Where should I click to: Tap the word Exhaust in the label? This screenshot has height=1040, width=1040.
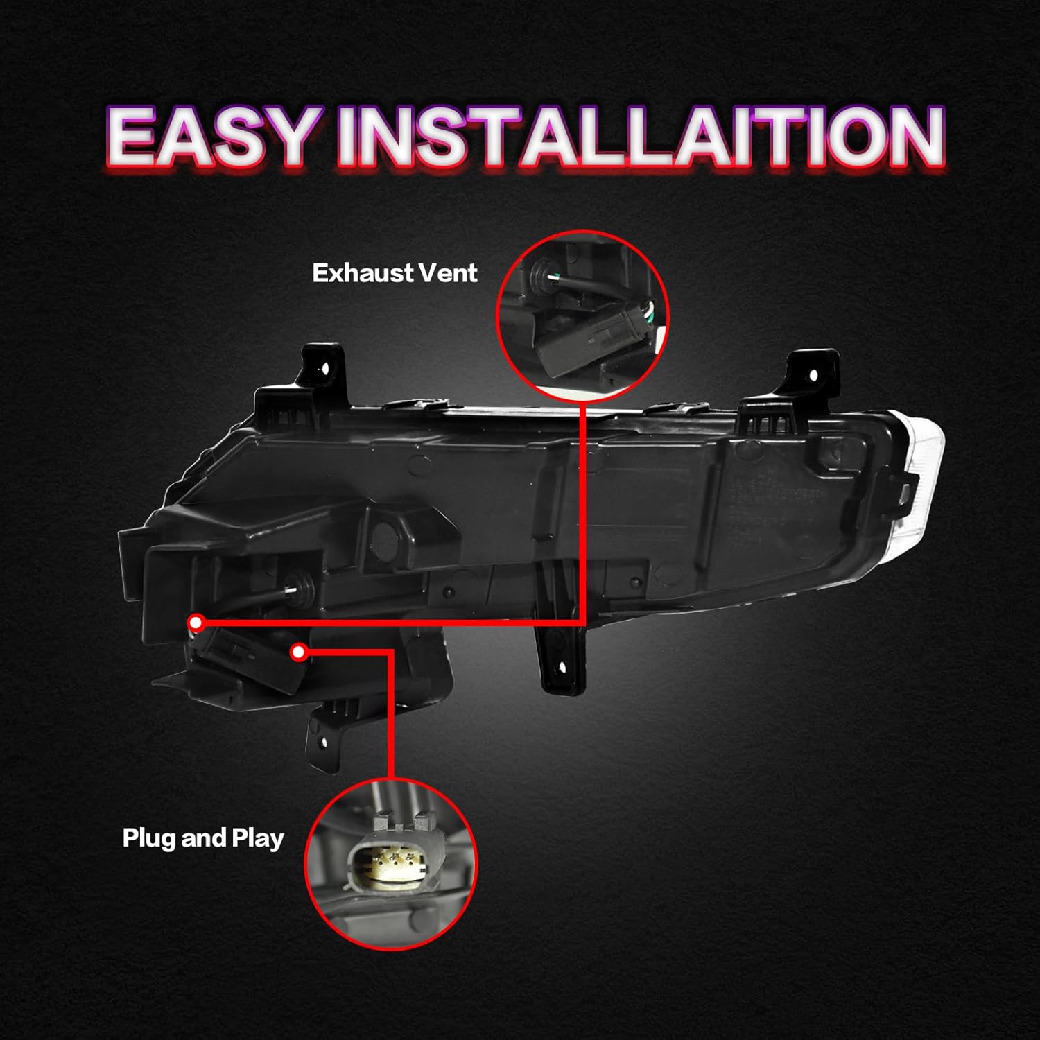point(363,273)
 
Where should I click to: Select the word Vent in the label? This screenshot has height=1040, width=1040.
point(449,273)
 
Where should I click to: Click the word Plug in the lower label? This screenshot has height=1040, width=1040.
point(150,838)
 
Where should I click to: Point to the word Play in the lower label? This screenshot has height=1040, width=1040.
point(257,838)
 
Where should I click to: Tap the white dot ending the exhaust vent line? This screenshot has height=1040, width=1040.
point(196,623)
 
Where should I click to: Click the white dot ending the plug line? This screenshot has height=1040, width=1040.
point(299,652)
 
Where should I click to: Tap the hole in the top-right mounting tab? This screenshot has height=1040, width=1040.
point(813,375)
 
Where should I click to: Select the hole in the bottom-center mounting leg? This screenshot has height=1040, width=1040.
point(562,668)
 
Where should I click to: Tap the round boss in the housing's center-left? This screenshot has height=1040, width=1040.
point(383,532)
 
